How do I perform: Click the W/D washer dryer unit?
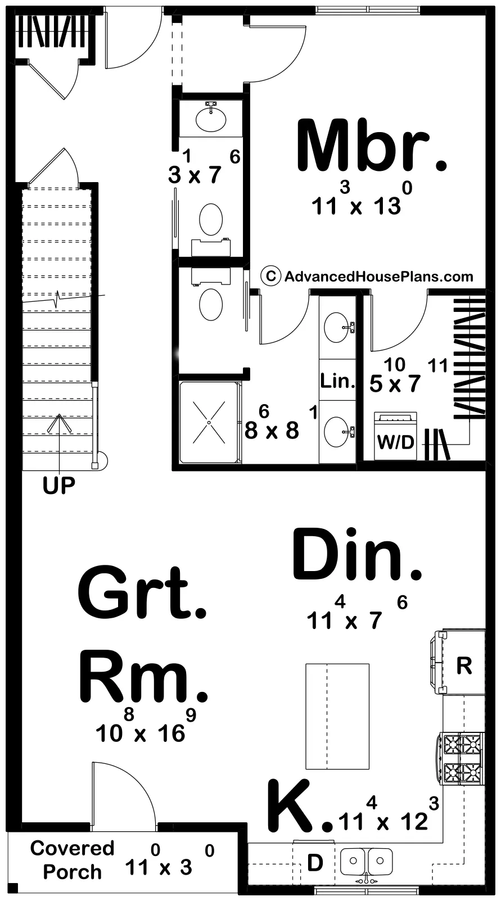point(395,436)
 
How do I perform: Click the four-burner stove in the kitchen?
point(462,759)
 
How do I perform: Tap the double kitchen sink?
point(367,862)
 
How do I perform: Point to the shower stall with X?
point(209,423)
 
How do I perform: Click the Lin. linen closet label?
point(337,381)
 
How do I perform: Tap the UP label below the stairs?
point(58,486)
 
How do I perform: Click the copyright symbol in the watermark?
point(270,277)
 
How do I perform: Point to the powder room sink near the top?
point(211,118)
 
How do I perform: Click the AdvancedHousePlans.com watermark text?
point(378,277)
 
